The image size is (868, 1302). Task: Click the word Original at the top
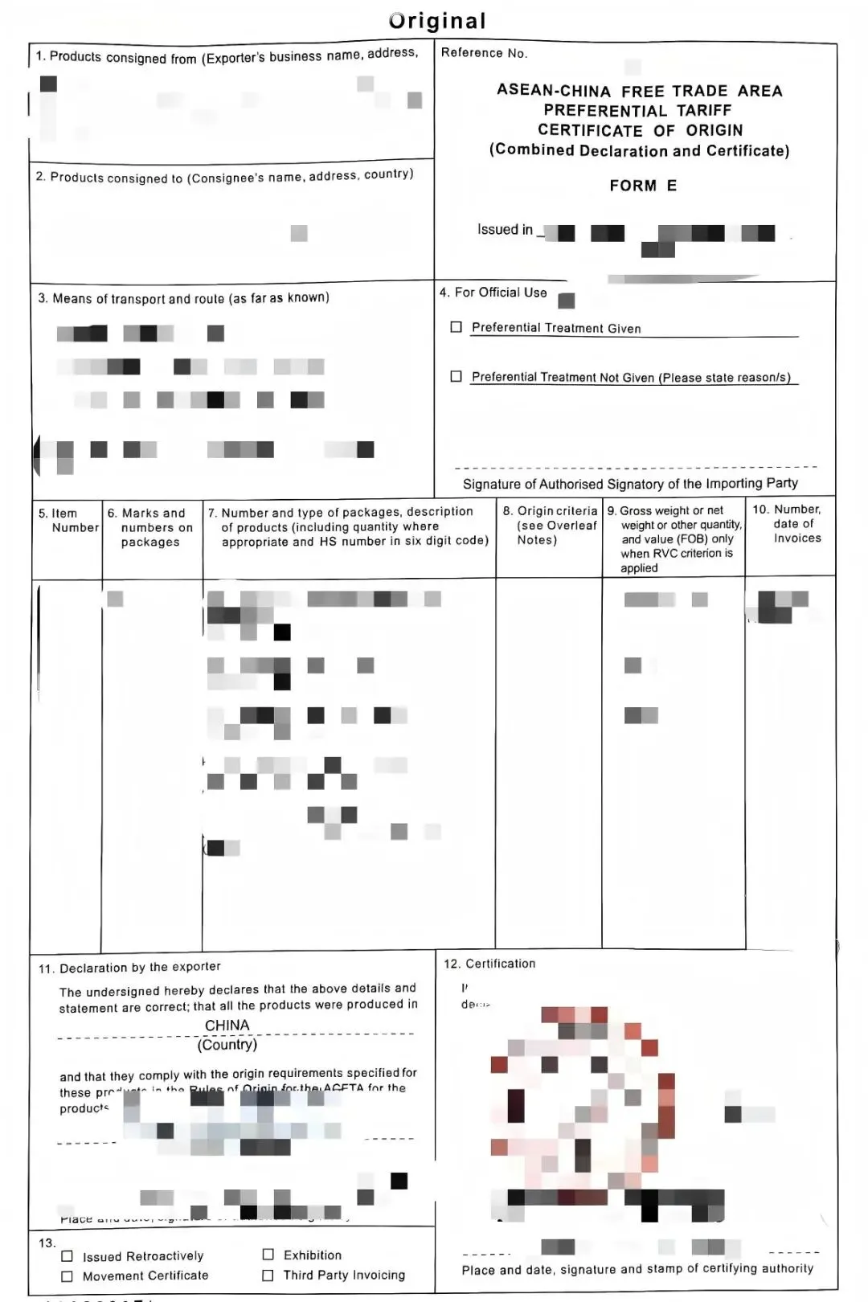438,21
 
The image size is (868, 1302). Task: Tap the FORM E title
643,186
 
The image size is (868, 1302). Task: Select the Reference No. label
484,53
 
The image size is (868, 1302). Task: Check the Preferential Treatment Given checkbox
457,327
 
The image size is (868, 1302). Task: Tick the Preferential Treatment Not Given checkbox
457,376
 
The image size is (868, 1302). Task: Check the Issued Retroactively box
68,1256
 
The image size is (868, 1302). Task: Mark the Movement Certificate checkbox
68,1276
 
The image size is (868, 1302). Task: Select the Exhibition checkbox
268,1255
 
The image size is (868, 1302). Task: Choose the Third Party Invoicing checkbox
268,1275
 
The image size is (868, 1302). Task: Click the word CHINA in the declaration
227,1026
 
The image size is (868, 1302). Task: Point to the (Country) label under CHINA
227,1045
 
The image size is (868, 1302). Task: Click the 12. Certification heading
489,964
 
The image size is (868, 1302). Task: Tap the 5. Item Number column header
68,521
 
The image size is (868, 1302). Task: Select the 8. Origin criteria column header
550,525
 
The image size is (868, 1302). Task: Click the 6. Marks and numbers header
150,527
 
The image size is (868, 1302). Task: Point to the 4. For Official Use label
493,293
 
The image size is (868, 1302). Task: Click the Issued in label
505,230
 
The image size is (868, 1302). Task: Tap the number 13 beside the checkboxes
47,1243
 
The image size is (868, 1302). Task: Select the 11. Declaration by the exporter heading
129,968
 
